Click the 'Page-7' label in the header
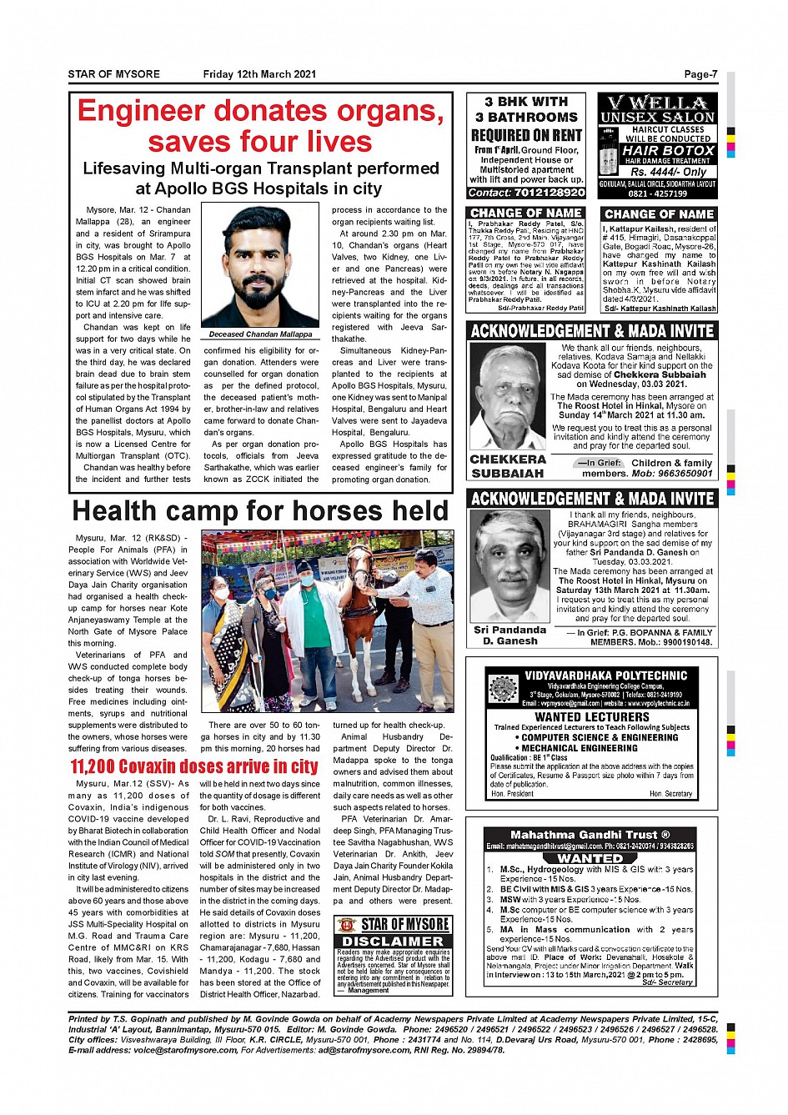(700, 74)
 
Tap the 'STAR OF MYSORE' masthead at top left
(114, 74)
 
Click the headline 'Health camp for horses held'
(260, 510)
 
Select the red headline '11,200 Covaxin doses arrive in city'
(193, 766)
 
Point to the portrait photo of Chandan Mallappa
(260, 266)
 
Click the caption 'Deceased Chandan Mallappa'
(260, 334)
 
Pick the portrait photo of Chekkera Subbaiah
(507, 396)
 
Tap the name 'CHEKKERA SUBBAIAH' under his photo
(508, 466)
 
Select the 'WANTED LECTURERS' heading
(591, 716)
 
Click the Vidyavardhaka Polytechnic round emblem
(504, 689)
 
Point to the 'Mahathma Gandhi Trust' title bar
(590, 834)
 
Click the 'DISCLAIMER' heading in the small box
(393, 942)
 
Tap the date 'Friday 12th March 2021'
(259, 74)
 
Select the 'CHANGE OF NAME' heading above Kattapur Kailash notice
(659, 214)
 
